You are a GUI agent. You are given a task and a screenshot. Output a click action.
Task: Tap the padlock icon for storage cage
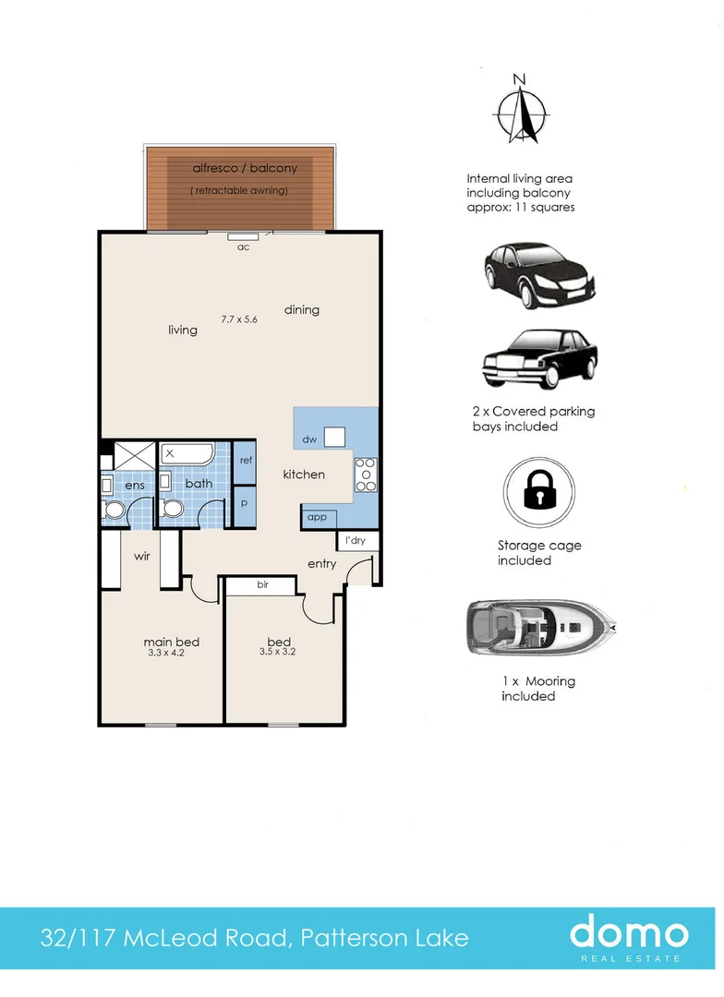539,491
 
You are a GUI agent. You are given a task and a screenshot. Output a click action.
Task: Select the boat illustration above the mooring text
541,627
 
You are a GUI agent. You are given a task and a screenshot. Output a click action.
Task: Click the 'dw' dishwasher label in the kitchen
310,439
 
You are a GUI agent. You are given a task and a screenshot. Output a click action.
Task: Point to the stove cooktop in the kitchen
366,475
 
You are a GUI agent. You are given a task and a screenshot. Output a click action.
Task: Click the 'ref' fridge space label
247,460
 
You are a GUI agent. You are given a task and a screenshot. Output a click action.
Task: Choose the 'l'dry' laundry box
357,540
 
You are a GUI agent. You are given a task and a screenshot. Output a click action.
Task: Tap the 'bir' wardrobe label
263,584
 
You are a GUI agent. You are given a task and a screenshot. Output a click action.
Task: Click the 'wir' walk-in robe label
142,557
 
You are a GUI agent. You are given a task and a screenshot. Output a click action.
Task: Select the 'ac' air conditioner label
243,247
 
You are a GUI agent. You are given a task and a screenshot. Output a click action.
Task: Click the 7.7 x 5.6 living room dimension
239,319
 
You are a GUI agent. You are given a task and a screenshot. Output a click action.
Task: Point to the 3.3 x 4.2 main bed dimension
166,653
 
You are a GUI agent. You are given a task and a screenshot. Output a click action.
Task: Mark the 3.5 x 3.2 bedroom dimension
277,651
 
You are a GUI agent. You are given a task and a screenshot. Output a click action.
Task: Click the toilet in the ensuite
115,509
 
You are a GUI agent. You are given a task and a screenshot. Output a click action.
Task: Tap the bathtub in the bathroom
187,454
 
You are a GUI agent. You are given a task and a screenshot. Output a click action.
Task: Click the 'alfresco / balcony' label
245,168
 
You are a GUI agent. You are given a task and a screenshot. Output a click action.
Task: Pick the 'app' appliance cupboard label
317,518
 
